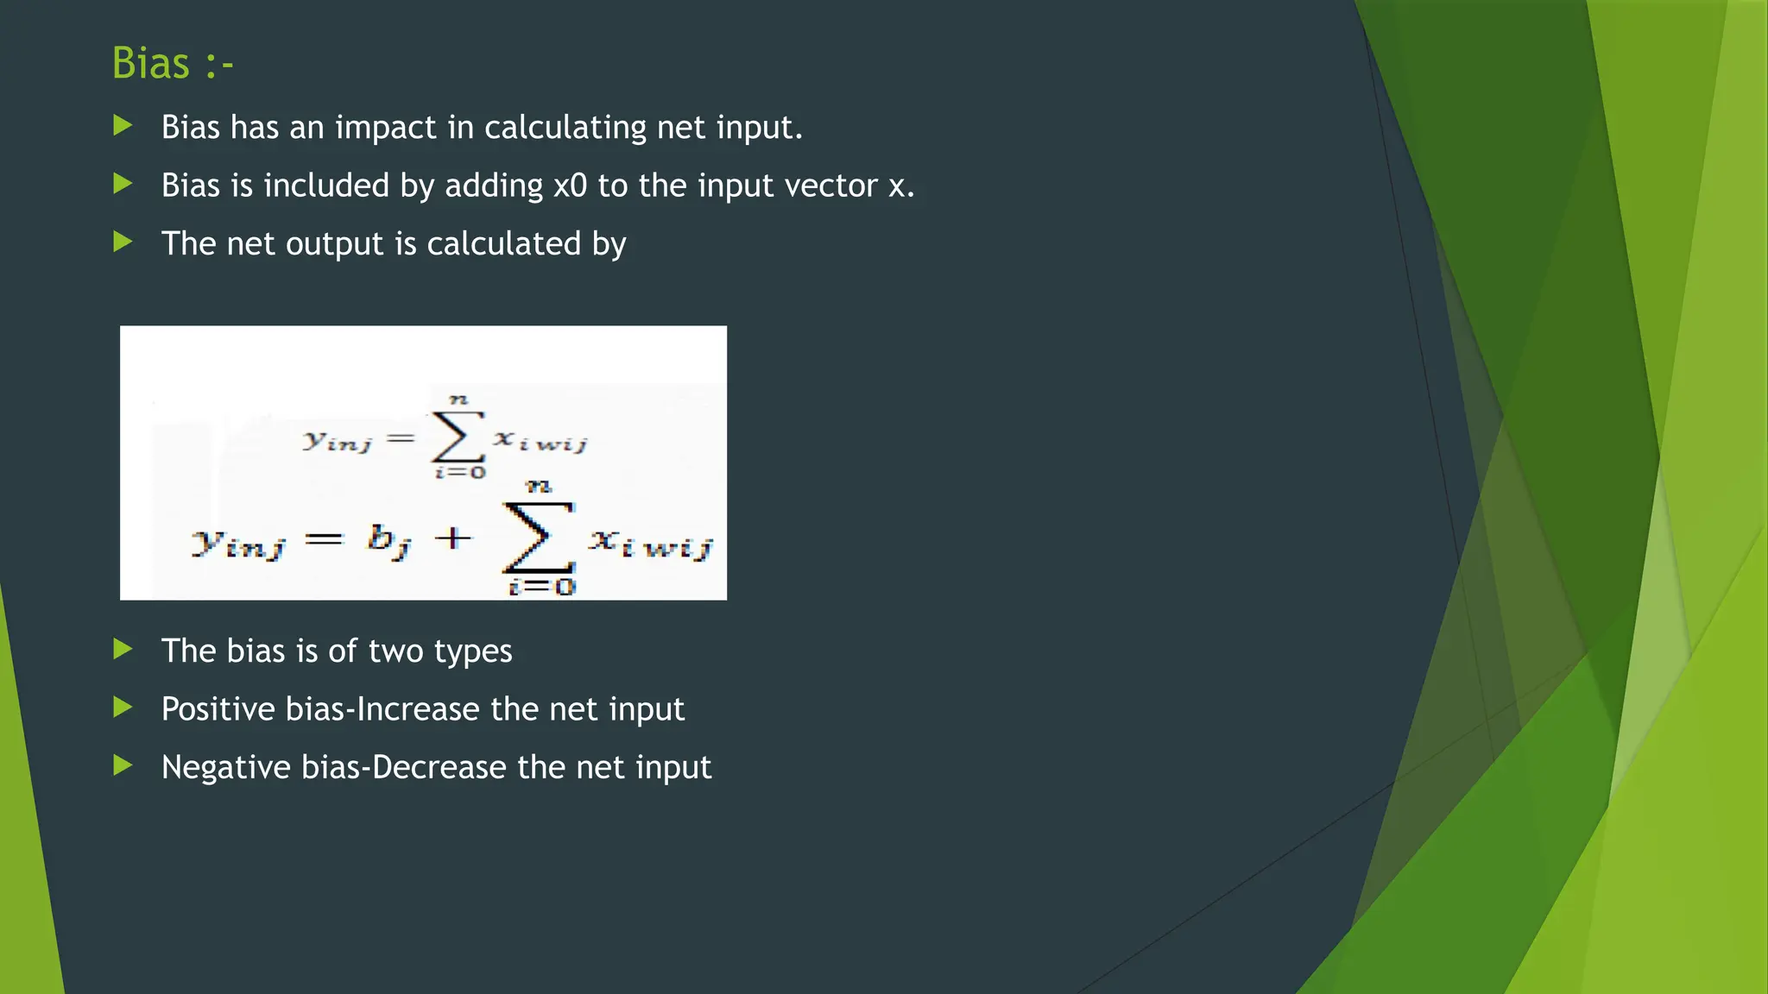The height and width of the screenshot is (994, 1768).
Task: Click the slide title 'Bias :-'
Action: [x=172, y=64]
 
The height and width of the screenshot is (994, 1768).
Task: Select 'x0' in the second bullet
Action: [x=570, y=186]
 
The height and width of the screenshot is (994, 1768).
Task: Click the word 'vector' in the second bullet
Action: [x=830, y=186]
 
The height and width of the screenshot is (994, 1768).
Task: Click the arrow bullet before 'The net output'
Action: [x=123, y=242]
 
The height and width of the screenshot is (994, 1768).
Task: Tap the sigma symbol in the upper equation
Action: [x=457, y=437]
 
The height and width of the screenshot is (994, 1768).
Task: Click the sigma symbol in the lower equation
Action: [x=539, y=538]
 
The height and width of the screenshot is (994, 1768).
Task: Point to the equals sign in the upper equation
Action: [x=401, y=439]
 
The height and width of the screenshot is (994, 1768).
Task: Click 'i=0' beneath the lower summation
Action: [x=541, y=588]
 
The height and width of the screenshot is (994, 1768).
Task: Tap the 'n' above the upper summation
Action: [x=458, y=399]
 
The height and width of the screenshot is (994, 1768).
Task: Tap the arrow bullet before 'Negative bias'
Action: [x=123, y=765]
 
